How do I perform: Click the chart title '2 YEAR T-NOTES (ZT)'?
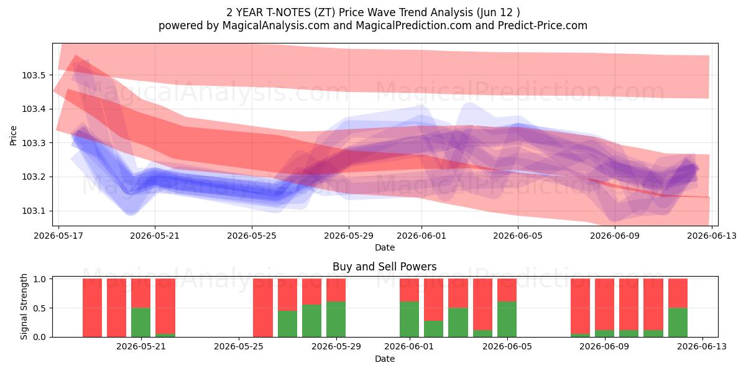click(x=281, y=12)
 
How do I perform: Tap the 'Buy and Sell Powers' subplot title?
click(x=385, y=267)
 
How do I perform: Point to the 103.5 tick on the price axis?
click(x=33, y=75)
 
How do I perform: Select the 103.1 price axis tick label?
click(x=33, y=211)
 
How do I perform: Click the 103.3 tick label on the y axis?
click(x=33, y=143)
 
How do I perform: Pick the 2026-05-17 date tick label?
click(x=58, y=236)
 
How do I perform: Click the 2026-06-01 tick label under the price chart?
click(x=421, y=236)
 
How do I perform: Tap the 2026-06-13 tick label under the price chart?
click(x=712, y=236)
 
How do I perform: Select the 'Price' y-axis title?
click(x=13, y=136)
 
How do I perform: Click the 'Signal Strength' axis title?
click(x=24, y=306)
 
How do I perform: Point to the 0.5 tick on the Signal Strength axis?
click(x=40, y=308)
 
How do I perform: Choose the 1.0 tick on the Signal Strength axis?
click(x=40, y=279)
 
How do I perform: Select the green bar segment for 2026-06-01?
click(x=409, y=320)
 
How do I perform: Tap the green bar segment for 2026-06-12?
click(x=678, y=323)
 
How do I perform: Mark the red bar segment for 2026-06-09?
click(x=604, y=304)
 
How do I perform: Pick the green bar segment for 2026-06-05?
click(x=507, y=320)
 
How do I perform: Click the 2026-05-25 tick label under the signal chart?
click(x=239, y=347)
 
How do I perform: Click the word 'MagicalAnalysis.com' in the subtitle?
click(x=276, y=25)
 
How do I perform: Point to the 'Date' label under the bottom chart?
click(x=385, y=359)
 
